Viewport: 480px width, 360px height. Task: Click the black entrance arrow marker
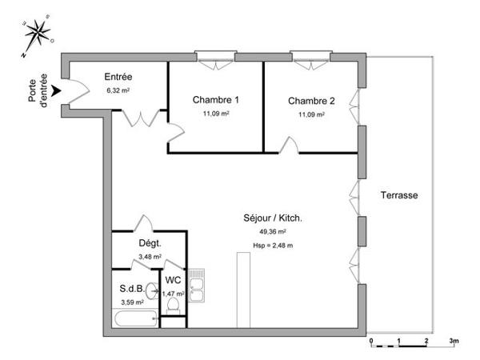pyautogui.click(x=55, y=100)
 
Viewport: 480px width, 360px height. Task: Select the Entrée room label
pyautogui.click(x=118, y=78)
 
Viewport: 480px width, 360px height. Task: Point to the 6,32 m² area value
pyautogui.click(x=118, y=90)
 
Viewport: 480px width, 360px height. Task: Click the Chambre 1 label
pyautogui.click(x=216, y=100)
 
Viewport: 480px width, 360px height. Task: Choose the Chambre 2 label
pyautogui.click(x=312, y=101)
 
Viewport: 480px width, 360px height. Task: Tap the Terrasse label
pyautogui.click(x=399, y=195)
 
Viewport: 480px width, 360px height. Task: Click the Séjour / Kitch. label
pyautogui.click(x=273, y=218)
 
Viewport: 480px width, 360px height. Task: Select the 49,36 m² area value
pyautogui.click(x=273, y=232)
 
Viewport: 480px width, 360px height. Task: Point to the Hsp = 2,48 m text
pyautogui.click(x=273, y=245)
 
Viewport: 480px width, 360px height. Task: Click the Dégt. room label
pyautogui.click(x=150, y=243)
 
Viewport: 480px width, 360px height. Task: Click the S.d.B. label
pyautogui.click(x=132, y=288)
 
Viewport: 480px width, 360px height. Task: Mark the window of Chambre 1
pyautogui.click(x=216, y=56)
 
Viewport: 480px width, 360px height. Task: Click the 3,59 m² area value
pyautogui.click(x=132, y=302)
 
